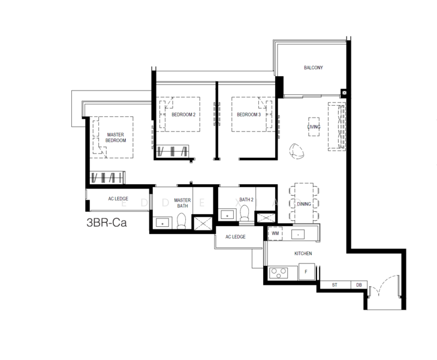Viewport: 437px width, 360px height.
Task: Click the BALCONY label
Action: pos(314,68)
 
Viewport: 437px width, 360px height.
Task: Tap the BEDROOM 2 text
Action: pos(183,115)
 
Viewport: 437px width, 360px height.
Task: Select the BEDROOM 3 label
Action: pos(249,115)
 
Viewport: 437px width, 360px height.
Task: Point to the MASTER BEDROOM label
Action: pos(115,137)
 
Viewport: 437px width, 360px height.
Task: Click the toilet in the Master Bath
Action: pos(181,221)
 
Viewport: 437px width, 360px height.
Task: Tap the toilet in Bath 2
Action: pos(245,213)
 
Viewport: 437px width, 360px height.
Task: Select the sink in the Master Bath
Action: pos(162,223)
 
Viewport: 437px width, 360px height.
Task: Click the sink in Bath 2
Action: pos(227,215)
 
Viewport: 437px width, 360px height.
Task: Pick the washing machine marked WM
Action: pos(275,233)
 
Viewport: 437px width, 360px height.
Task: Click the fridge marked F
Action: pos(306,272)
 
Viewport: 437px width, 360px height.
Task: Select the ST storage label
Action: pos(334,285)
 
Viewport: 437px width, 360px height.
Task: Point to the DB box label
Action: pos(359,285)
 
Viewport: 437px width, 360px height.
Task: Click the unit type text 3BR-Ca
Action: pos(107,223)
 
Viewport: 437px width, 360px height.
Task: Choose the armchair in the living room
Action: pos(297,151)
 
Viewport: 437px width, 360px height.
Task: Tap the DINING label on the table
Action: pos(304,204)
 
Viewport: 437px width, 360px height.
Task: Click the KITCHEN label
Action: pos(303,253)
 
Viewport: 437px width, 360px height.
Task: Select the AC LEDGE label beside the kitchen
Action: pos(236,237)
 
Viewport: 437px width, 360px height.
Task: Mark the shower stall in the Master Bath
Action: pos(203,223)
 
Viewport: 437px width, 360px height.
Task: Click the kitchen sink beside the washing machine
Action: pos(298,235)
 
